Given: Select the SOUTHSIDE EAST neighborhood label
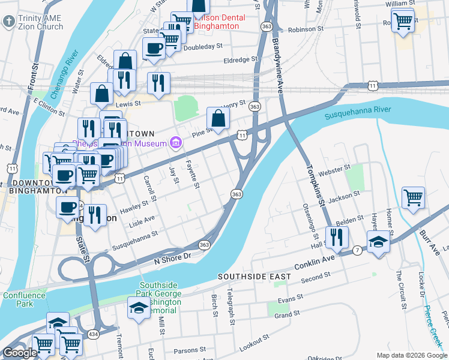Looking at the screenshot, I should click(x=254, y=277).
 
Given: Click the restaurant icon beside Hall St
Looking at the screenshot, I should click(x=337, y=237).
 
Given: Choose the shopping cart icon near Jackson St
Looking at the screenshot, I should click(x=413, y=198).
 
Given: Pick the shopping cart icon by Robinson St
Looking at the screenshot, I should click(x=404, y=22).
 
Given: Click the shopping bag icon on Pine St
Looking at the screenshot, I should click(x=218, y=119).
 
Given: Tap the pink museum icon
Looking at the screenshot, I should click(x=175, y=142).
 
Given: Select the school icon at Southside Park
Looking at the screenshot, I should click(x=139, y=308).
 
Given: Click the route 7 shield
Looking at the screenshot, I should click(x=357, y=249).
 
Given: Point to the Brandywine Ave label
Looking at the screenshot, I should click(x=278, y=60).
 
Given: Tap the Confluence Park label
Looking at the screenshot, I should click(x=23, y=299).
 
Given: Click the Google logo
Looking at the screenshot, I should click(x=19, y=352).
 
